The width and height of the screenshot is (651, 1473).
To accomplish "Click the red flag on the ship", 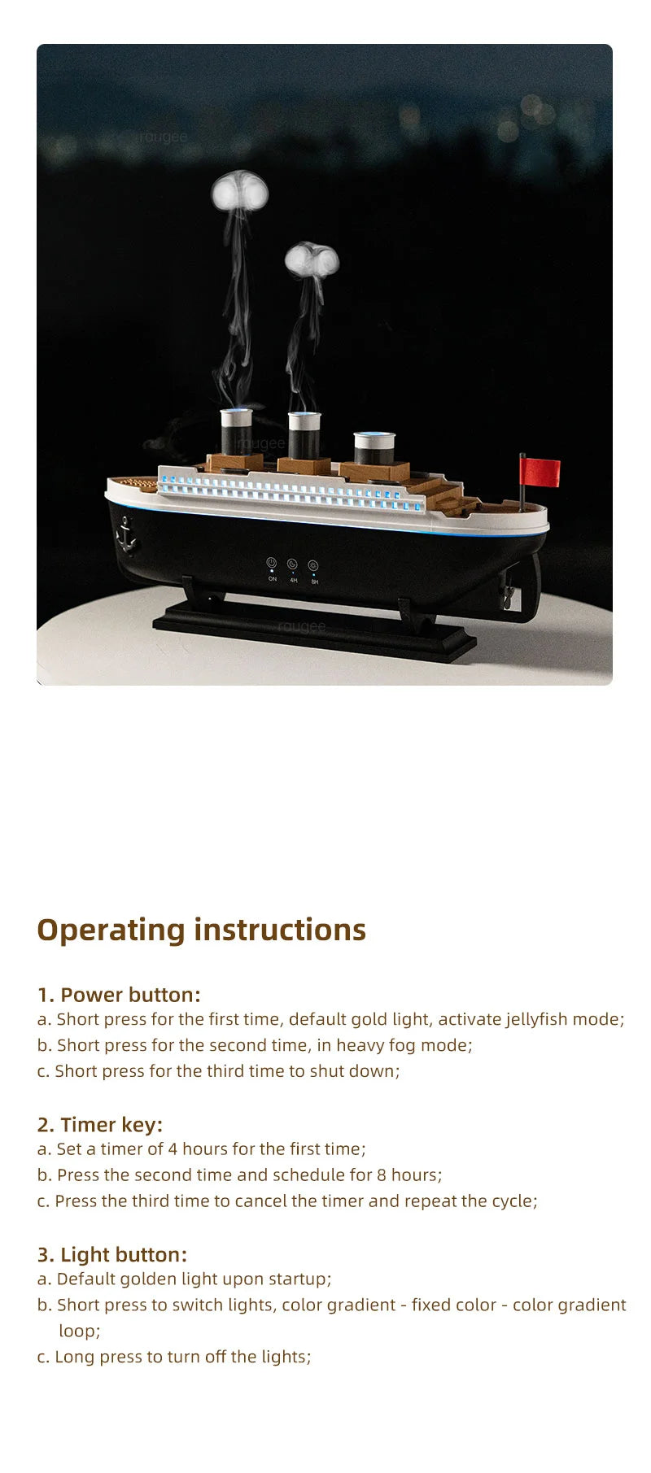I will [x=540, y=472].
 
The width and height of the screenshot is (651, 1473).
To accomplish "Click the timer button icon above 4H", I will [x=292, y=564].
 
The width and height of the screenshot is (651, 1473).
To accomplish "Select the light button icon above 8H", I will [x=313, y=566].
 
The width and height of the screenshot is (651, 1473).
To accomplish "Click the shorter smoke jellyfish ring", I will [x=312, y=260].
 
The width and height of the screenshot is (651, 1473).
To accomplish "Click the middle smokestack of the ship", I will [x=304, y=434].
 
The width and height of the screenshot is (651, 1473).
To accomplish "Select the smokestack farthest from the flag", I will [x=237, y=431].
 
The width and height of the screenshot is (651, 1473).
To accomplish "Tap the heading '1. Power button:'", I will [x=119, y=995].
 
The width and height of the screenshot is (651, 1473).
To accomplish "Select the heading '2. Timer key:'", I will [x=100, y=1125].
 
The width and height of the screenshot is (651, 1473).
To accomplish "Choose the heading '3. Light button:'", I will [x=112, y=1254].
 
